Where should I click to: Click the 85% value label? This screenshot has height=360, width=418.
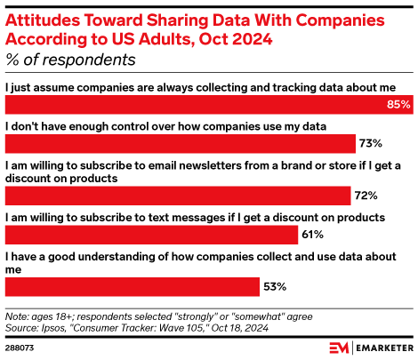tap(398, 105)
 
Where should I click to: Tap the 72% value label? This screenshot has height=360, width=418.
tap(366, 196)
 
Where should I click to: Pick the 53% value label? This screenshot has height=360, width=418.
tap(274, 286)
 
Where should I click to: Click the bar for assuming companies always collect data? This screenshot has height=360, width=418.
tap(196, 105)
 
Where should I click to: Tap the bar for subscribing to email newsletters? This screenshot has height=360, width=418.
tap(178, 196)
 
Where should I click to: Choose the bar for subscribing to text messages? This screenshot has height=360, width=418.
tap(151, 235)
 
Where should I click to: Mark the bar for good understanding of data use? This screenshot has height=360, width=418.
tap(133, 286)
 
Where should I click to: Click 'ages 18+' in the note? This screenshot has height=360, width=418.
tap(52, 316)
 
